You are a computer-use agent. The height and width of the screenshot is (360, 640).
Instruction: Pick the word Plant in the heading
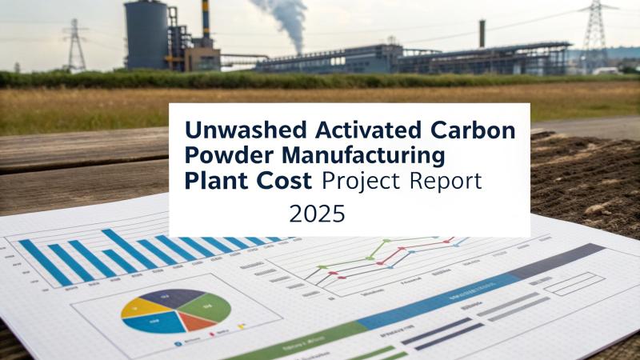coord(210,181)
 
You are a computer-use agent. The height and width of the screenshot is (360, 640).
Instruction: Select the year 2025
coord(318,214)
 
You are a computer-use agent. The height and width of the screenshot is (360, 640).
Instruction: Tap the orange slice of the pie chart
coord(194,322)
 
